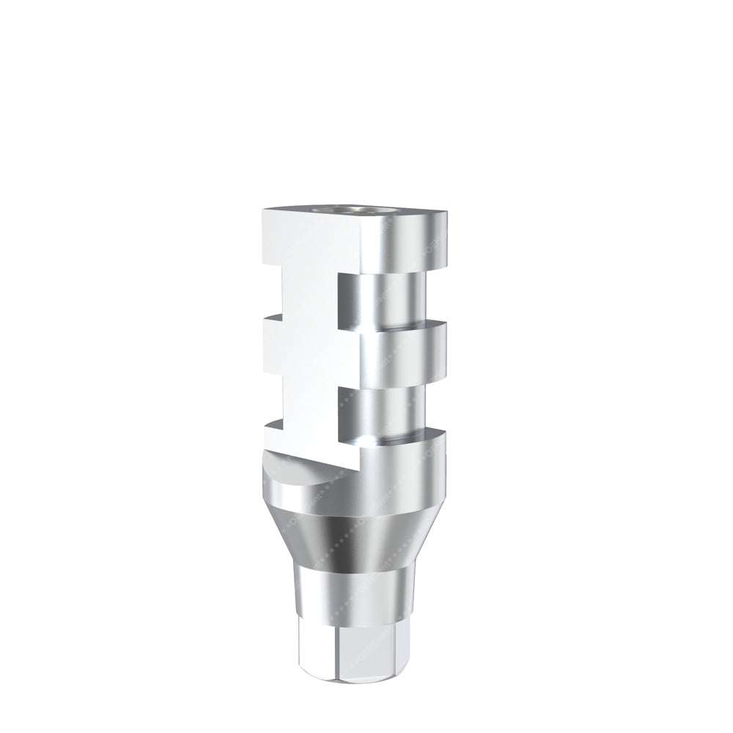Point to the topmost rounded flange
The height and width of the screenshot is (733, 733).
point(410,242)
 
